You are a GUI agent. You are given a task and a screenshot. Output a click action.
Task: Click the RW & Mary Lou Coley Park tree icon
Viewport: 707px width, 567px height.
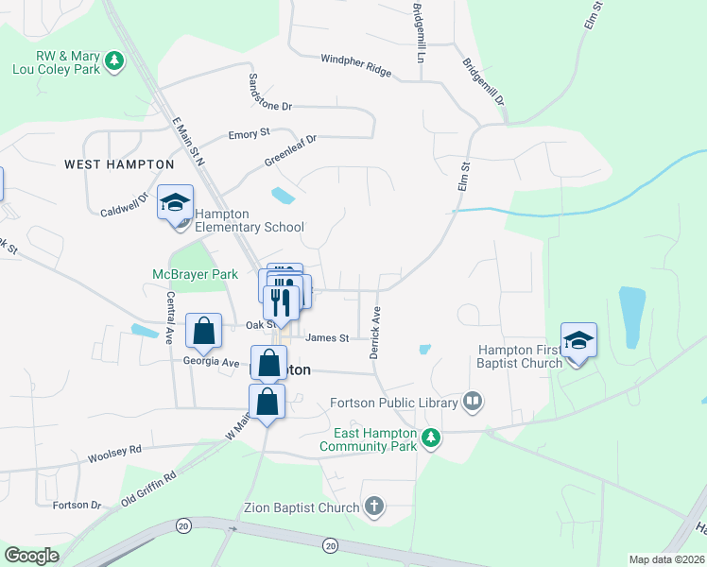tap(114, 60)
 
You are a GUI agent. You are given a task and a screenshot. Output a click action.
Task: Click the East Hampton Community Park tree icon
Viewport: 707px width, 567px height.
tap(431, 438)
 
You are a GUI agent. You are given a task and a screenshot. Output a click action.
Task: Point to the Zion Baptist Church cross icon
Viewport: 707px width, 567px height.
tap(374, 507)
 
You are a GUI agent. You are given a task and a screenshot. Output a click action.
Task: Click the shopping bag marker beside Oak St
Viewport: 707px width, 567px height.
tap(203, 331)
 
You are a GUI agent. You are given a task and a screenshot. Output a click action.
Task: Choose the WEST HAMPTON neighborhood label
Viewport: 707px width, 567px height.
tap(110, 163)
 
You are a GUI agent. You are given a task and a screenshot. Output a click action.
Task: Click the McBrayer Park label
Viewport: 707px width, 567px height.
tap(195, 274)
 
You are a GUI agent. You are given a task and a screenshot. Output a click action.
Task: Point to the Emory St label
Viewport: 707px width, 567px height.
tap(250, 135)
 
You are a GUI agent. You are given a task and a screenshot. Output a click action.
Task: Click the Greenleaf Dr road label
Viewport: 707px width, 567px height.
tap(290, 149)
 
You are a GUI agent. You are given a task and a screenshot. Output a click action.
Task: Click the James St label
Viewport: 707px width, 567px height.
tap(328, 337)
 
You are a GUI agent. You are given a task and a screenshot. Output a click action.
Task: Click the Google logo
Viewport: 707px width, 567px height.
tap(32, 556)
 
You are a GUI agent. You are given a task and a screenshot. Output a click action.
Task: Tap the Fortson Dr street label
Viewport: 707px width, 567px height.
tap(78, 505)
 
